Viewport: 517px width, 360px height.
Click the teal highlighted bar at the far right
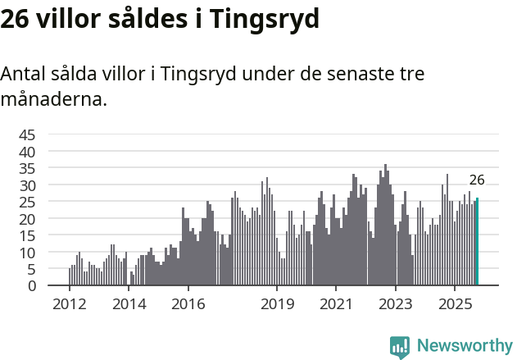coord(477,242)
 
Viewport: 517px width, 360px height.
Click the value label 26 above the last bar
coord(477,180)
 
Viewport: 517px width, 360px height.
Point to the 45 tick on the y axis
coord(27,134)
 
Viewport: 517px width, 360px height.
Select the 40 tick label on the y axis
coord(27,152)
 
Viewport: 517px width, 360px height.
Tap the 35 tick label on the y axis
coord(27,168)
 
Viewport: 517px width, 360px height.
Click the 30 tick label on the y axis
coord(27,185)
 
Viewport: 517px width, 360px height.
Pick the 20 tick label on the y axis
coord(27,219)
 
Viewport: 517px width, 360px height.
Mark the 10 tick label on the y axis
coord(27,253)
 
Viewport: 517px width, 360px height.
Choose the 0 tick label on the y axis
coord(31,286)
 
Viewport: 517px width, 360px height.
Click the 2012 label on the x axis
coord(69,304)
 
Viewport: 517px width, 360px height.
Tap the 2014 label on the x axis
coord(129,304)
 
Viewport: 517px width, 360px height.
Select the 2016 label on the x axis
coord(188,304)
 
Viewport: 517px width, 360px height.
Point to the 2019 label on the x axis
coord(277,304)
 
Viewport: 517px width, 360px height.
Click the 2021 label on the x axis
coord(336,304)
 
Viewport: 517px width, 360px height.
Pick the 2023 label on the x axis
coord(396,304)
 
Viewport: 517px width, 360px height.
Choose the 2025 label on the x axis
coord(456,304)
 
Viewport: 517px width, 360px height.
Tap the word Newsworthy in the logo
coord(464,346)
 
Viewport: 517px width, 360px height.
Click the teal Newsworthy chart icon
coord(400,347)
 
